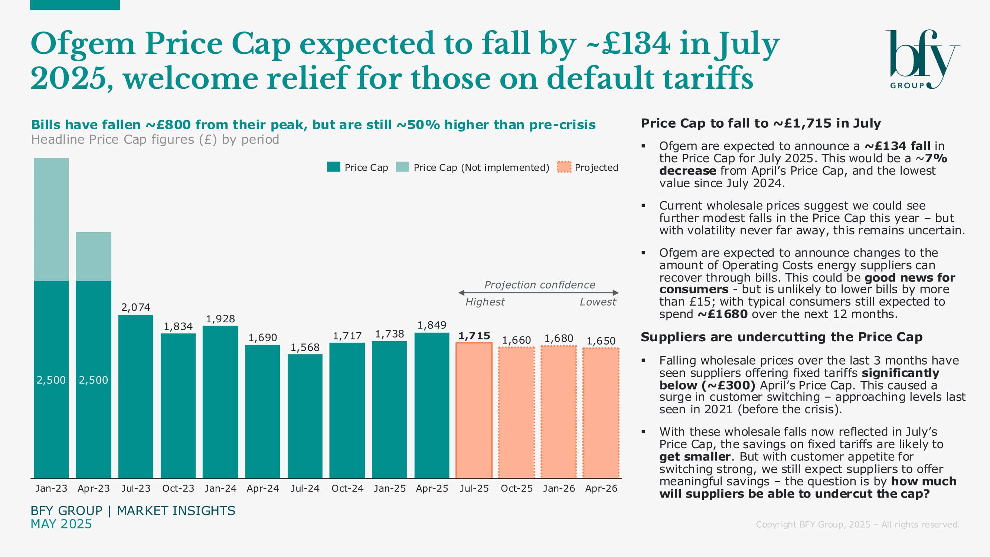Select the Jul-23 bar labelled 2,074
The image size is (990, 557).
point(135,396)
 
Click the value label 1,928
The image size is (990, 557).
point(220,319)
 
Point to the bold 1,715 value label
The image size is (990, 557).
point(474,336)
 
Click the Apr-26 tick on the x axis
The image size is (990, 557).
point(601,488)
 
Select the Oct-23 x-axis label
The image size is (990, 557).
point(178,488)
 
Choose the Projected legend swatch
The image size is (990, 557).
point(564,167)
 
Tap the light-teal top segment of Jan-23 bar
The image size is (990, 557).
point(51,219)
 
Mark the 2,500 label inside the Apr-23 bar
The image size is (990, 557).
point(94,380)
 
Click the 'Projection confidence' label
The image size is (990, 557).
point(540,284)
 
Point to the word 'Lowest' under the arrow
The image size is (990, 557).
point(598,302)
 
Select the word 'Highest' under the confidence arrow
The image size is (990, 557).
point(485,302)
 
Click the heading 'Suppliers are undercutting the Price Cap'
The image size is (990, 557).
point(781,337)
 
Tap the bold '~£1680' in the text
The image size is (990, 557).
point(722,314)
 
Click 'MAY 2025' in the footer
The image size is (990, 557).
point(61,524)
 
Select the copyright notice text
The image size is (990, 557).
point(857,524)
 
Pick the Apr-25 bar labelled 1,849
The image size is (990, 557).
point(432,405)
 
